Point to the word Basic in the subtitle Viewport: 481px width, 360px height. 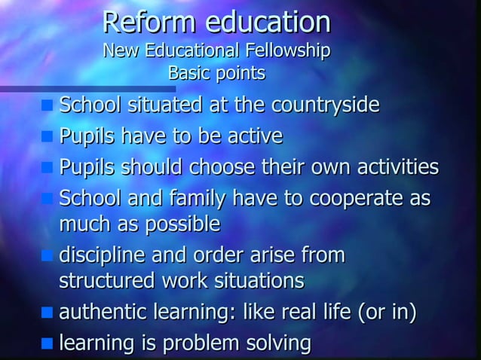(189, 74)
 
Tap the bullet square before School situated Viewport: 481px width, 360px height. (47, 105)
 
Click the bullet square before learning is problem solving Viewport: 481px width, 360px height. (47, 344)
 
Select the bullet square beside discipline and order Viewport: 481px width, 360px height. (47, 257)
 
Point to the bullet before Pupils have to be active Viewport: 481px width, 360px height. (47, 137)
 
